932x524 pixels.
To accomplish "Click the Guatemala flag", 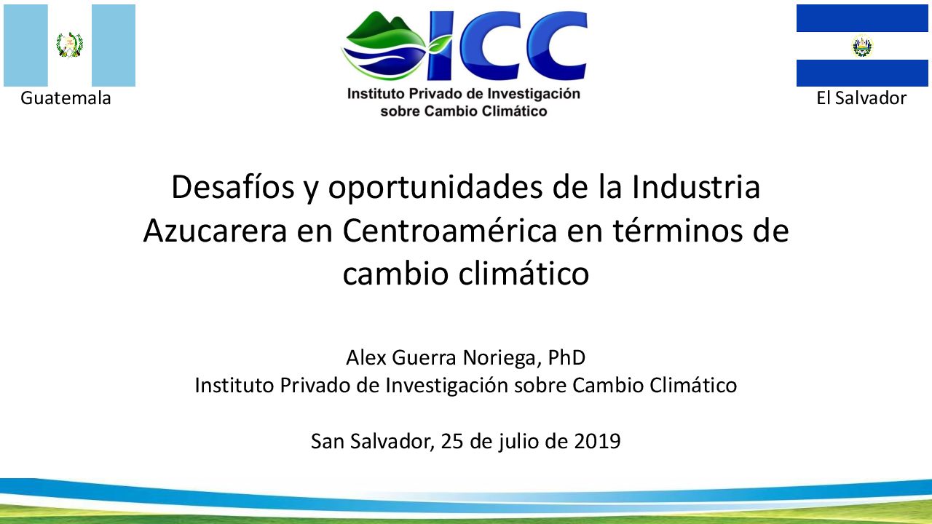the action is [x=69, y=45].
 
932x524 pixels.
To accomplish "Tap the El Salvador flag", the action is [x=862, y=45].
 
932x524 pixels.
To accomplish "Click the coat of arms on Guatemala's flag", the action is [x=69, y=44].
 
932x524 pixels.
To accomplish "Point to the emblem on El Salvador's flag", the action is [x=862, y=46].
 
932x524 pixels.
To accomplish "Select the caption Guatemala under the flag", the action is [x=66, y=98].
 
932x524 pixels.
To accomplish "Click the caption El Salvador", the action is [x=861, y=98].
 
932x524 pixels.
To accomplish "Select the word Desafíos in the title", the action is [x=232, y=187].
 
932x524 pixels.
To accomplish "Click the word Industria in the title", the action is [x=696, y=187].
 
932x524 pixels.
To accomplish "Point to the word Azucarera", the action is [x=215, y=231].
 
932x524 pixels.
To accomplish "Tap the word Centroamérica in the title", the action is [x=450, y=231].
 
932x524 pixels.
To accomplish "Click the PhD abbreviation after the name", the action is [x=566, y=357].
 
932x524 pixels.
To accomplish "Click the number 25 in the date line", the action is [x=452, y=441].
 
